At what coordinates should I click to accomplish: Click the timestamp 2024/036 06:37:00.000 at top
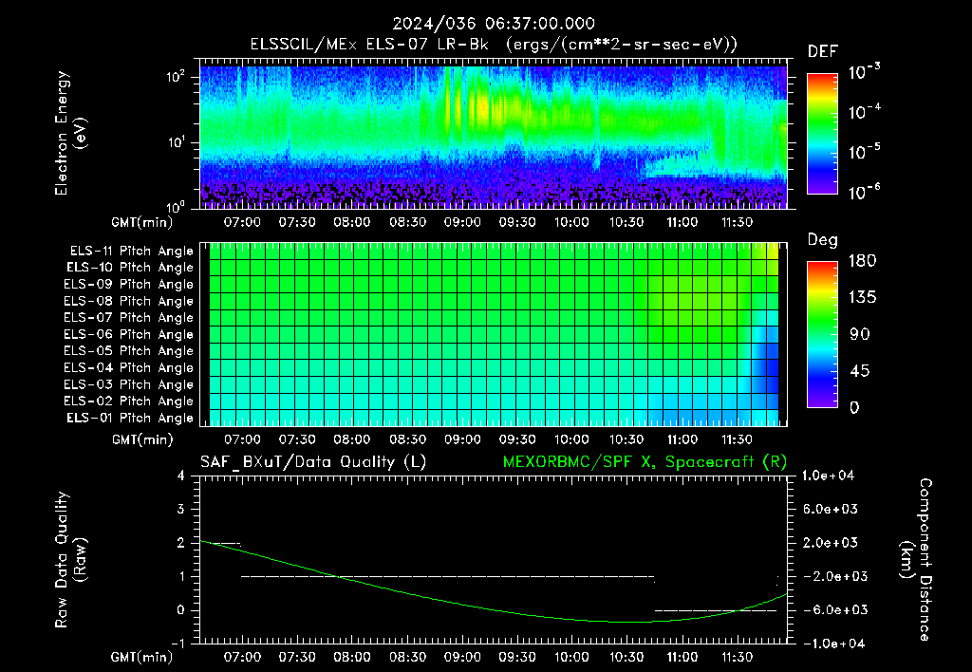(494, 24)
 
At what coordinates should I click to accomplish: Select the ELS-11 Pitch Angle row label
(131, 252)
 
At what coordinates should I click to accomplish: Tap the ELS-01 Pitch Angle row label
(130, 418)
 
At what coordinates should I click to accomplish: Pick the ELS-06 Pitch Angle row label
(128, 335)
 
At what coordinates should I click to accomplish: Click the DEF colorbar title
(822, 52)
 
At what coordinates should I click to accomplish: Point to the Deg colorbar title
(823, 240)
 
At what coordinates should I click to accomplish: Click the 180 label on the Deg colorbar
(862, 260)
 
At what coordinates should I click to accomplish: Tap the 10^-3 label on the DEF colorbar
(864, 72)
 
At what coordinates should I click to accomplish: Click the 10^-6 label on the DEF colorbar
(864, 192)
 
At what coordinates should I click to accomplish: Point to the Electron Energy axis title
(70, 133)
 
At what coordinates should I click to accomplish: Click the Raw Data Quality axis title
(70, 560)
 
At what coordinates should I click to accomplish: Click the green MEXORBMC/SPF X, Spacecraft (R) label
(645, 462)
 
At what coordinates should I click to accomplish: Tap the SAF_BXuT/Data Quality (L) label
(313, 462)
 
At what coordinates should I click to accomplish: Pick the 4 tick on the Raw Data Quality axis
(181, 476)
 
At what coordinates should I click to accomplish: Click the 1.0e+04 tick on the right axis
(828, 476)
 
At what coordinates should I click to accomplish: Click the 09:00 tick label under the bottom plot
(462, 657)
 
